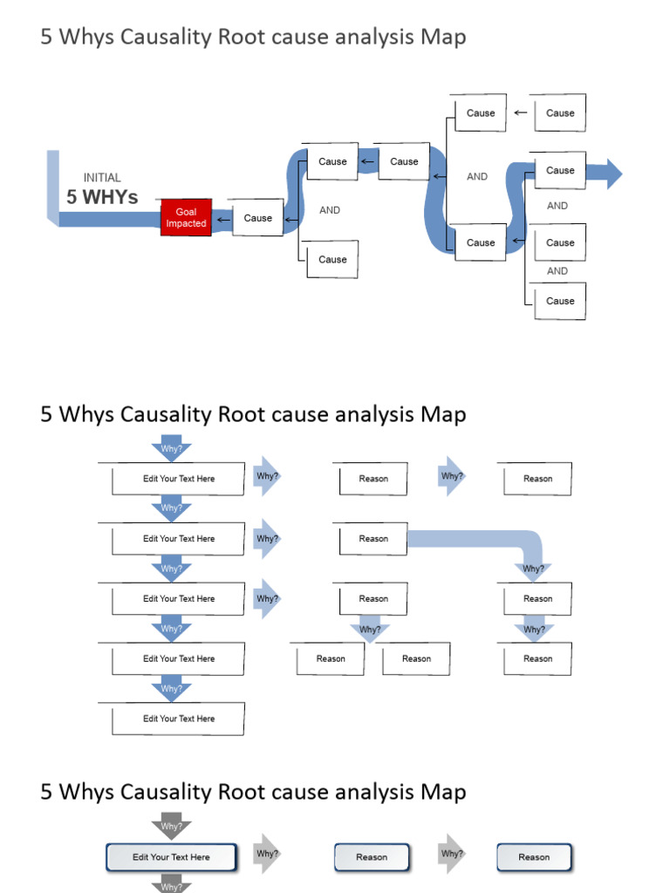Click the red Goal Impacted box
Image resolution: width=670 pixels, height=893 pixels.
point(186,218)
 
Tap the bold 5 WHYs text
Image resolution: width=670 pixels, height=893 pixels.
point(102,197)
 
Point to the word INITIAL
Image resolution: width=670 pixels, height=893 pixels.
point(102,178)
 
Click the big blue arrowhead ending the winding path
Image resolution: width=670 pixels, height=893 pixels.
point(612,174)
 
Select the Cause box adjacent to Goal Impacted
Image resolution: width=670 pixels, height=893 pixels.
point(257,218)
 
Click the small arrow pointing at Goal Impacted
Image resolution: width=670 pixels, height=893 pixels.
point(222,218)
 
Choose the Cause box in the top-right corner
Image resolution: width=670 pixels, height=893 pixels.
point(559,112)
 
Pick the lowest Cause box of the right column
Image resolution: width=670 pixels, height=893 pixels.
point(559,301)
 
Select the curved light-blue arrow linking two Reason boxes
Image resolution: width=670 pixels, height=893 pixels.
point(489,540)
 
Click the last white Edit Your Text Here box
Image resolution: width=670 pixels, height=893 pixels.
point(178,719)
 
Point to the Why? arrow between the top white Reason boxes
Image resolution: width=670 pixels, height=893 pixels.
point(452,476)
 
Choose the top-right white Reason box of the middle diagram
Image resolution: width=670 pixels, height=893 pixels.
point(537,479)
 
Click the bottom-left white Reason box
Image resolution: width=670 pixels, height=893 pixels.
point(330,659)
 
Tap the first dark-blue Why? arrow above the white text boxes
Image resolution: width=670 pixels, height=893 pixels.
point(172,449)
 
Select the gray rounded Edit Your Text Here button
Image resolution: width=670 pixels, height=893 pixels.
point(171,857)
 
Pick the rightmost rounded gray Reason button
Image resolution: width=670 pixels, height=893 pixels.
point(534,857)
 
